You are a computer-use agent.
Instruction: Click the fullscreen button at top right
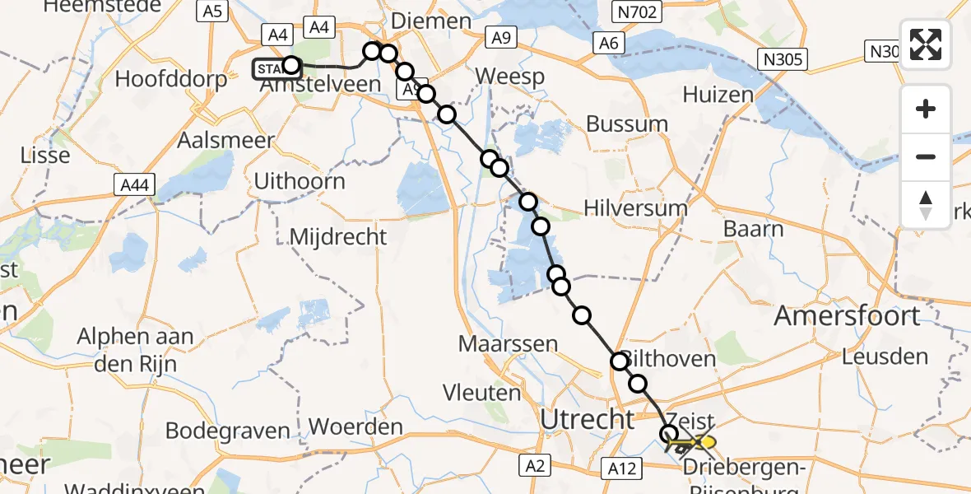pos(926,45)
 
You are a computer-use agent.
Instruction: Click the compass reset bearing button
pos(926,205)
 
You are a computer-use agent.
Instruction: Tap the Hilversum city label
pos(634,207)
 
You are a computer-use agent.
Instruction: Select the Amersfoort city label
pos(848,316)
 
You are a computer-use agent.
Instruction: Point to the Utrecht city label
pos(588,419)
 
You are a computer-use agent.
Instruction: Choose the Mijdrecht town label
pos(338,237)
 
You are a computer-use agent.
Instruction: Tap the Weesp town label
pos(510,77)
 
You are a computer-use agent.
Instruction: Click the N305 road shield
pos(783,59)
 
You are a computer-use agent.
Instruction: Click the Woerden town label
pos(355,427)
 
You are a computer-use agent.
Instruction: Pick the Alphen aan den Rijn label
pos(136,348)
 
